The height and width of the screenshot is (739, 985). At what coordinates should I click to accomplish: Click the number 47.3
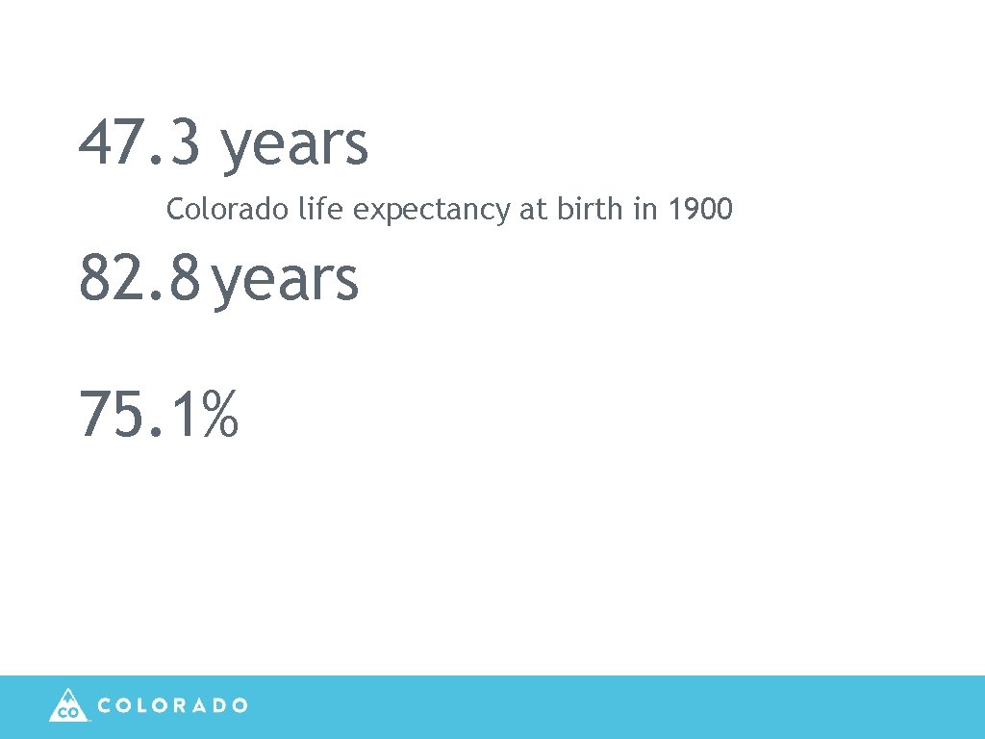pyautogui.click(x=140, y=142)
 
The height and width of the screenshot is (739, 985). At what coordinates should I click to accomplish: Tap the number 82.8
pyautogui.click(x=140, y=279)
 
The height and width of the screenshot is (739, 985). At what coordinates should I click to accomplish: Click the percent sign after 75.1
pyautogui.click(x=220, y=415)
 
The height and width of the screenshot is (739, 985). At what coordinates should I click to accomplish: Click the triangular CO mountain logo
pyautogui.click(x=67, y=705)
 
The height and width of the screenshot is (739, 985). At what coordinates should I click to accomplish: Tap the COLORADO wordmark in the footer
pyautogui.click(x=173, y=705)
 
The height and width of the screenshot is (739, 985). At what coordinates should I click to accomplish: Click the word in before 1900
pyautogui.click(x=644, y=209)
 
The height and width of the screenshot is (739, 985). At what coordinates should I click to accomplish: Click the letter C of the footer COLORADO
pyautogui.click(x=106, y=705)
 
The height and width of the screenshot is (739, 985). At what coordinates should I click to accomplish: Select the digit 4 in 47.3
pyautogui.click(x=94, y=142)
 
